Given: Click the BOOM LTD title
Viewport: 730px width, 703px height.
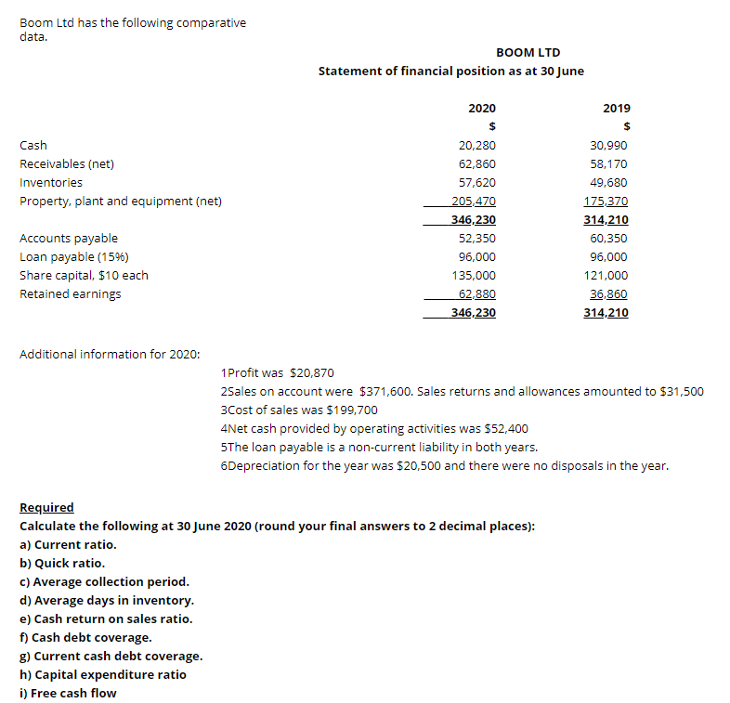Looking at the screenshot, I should [528, 52].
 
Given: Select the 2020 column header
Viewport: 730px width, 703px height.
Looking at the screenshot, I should [481, 108].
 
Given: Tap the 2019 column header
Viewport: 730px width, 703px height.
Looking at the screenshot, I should [616, 108].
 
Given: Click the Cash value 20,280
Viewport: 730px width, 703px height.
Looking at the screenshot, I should [477, 145].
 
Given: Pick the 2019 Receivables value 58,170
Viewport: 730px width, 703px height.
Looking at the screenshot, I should [609, 163].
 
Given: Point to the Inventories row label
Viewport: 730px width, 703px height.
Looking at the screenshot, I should [51, 182].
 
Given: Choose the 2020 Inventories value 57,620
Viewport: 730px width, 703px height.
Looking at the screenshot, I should [477, 182].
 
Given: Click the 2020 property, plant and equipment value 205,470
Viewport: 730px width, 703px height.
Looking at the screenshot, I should [474, 201].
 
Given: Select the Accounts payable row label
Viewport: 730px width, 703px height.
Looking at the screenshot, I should [69, 238].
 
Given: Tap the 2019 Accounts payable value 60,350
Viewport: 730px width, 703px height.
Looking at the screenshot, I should [609, 238].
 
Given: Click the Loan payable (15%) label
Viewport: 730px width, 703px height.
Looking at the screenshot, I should [74, 256].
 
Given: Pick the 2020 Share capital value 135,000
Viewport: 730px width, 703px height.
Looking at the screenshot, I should [474, 275].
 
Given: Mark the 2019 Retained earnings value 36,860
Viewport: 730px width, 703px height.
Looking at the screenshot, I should [609, 293].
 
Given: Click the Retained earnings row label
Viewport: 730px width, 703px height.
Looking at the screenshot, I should [71, 293].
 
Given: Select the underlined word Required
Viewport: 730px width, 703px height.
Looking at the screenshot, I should [46, 507].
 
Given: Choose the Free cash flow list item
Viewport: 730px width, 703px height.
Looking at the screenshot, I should [68, 693].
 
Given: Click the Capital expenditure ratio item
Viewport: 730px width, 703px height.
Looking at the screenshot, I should [102, 674].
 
